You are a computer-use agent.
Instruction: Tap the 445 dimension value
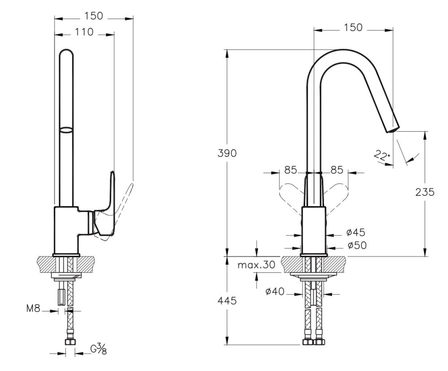[x=228, y=301]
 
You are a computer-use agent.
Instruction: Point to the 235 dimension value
[x=425, y=192]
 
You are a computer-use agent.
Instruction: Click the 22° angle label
[x=382, y=155]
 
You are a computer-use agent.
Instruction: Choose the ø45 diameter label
[x=356, y=232]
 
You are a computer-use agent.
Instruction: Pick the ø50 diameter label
[x=356, y=246]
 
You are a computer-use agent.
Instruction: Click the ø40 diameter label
[x=274, y=292]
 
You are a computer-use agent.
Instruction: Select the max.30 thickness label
[x=256, y=265]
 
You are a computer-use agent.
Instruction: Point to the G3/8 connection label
[x=99, y=349]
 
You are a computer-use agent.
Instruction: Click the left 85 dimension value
[x=291, y=170]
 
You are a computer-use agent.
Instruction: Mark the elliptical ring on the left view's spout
[x=66, y=130]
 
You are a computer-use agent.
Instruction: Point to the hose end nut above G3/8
[x=69, y=342]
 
